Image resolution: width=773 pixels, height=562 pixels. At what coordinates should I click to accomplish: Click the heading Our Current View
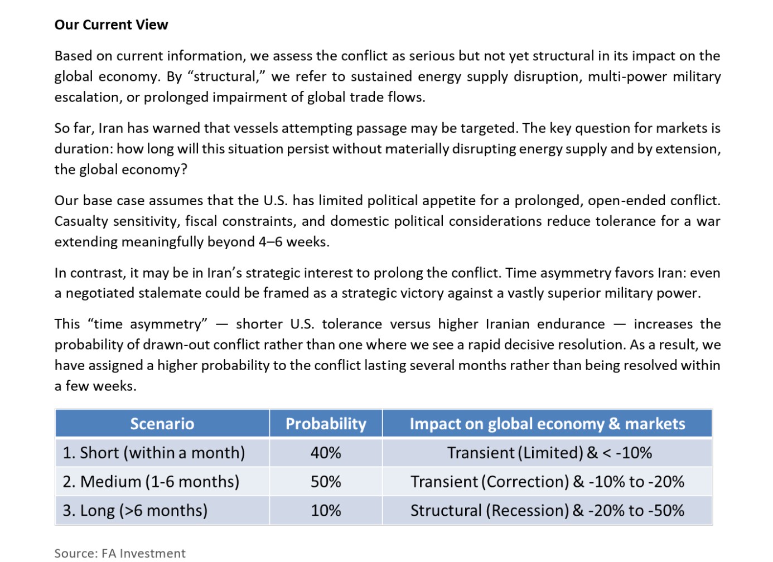(111, 25)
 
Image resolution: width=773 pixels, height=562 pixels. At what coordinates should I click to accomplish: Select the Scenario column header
(162, 424)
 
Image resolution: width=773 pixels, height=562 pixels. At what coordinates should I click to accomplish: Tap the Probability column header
(326, 424)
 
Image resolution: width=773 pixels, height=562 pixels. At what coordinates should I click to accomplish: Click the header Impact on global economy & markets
(547, 424)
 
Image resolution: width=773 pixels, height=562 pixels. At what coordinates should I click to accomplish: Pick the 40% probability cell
(326, 453)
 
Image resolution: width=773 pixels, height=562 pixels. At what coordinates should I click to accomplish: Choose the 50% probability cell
(326, 482)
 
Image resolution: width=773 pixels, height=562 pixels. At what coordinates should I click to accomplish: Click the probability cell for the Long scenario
(326, 511)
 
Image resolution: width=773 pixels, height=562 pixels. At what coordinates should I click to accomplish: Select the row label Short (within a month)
(153, 453)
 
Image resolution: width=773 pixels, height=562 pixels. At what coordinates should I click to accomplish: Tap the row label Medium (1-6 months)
(151, 482)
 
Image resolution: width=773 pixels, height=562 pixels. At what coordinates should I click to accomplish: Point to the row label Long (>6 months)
(135, 511)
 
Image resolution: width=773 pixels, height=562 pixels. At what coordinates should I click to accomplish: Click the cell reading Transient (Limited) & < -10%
(549, 453)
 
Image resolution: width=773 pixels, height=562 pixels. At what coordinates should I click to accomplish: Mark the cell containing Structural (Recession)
(547, 511)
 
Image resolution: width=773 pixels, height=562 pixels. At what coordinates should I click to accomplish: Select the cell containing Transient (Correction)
(547, 482)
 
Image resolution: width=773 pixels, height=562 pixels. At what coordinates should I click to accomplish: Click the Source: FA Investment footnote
(120, 553)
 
